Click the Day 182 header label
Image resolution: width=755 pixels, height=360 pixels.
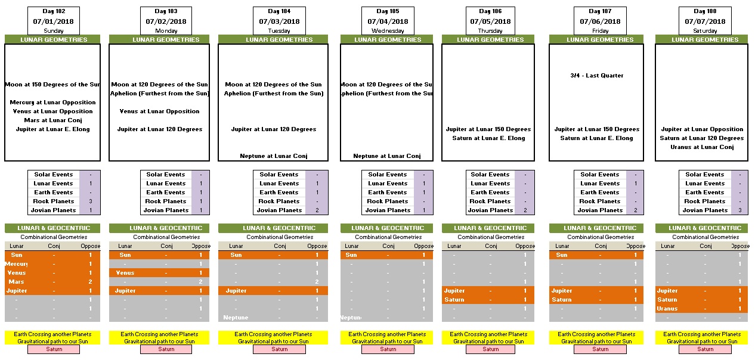(x=54, y=11)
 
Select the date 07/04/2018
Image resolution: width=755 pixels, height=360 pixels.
(x=388, y=21)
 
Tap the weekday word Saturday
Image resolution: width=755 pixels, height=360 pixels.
(x=705, y=31)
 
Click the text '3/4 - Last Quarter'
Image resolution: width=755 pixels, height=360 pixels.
(x=596, y=76)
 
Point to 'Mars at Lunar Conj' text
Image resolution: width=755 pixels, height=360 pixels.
(x=51, y=120)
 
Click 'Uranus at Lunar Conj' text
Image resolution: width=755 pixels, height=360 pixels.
(x=702, y=147)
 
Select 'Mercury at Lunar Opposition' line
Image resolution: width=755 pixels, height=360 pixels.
(x=52, y=103)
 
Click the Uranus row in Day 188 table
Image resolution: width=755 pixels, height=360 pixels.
(x=667, y=309)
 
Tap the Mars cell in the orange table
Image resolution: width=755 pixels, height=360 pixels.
(x=17, y=282)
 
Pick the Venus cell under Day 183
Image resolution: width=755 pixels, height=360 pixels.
(x=125, y=273)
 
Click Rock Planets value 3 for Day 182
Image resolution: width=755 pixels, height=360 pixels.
(x=90, y=201)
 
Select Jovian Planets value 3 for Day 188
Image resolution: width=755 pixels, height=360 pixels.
(x=740, y=210)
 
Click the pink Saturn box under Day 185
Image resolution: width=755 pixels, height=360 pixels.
(x=388, y=349)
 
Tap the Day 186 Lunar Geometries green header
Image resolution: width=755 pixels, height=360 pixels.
(x=490, y=40)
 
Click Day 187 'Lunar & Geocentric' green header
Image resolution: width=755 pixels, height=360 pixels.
(x=596, y=228)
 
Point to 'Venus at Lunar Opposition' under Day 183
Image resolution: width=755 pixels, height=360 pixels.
(x=160, y=111)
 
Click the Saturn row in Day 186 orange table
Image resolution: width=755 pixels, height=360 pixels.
(x=454, y=300)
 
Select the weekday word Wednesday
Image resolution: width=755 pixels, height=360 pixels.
(x=388, y=31)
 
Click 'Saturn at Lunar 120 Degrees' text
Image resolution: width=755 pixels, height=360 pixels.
(x=702, y=138)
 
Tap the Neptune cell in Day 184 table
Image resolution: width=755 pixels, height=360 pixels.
(x=236, y=318)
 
